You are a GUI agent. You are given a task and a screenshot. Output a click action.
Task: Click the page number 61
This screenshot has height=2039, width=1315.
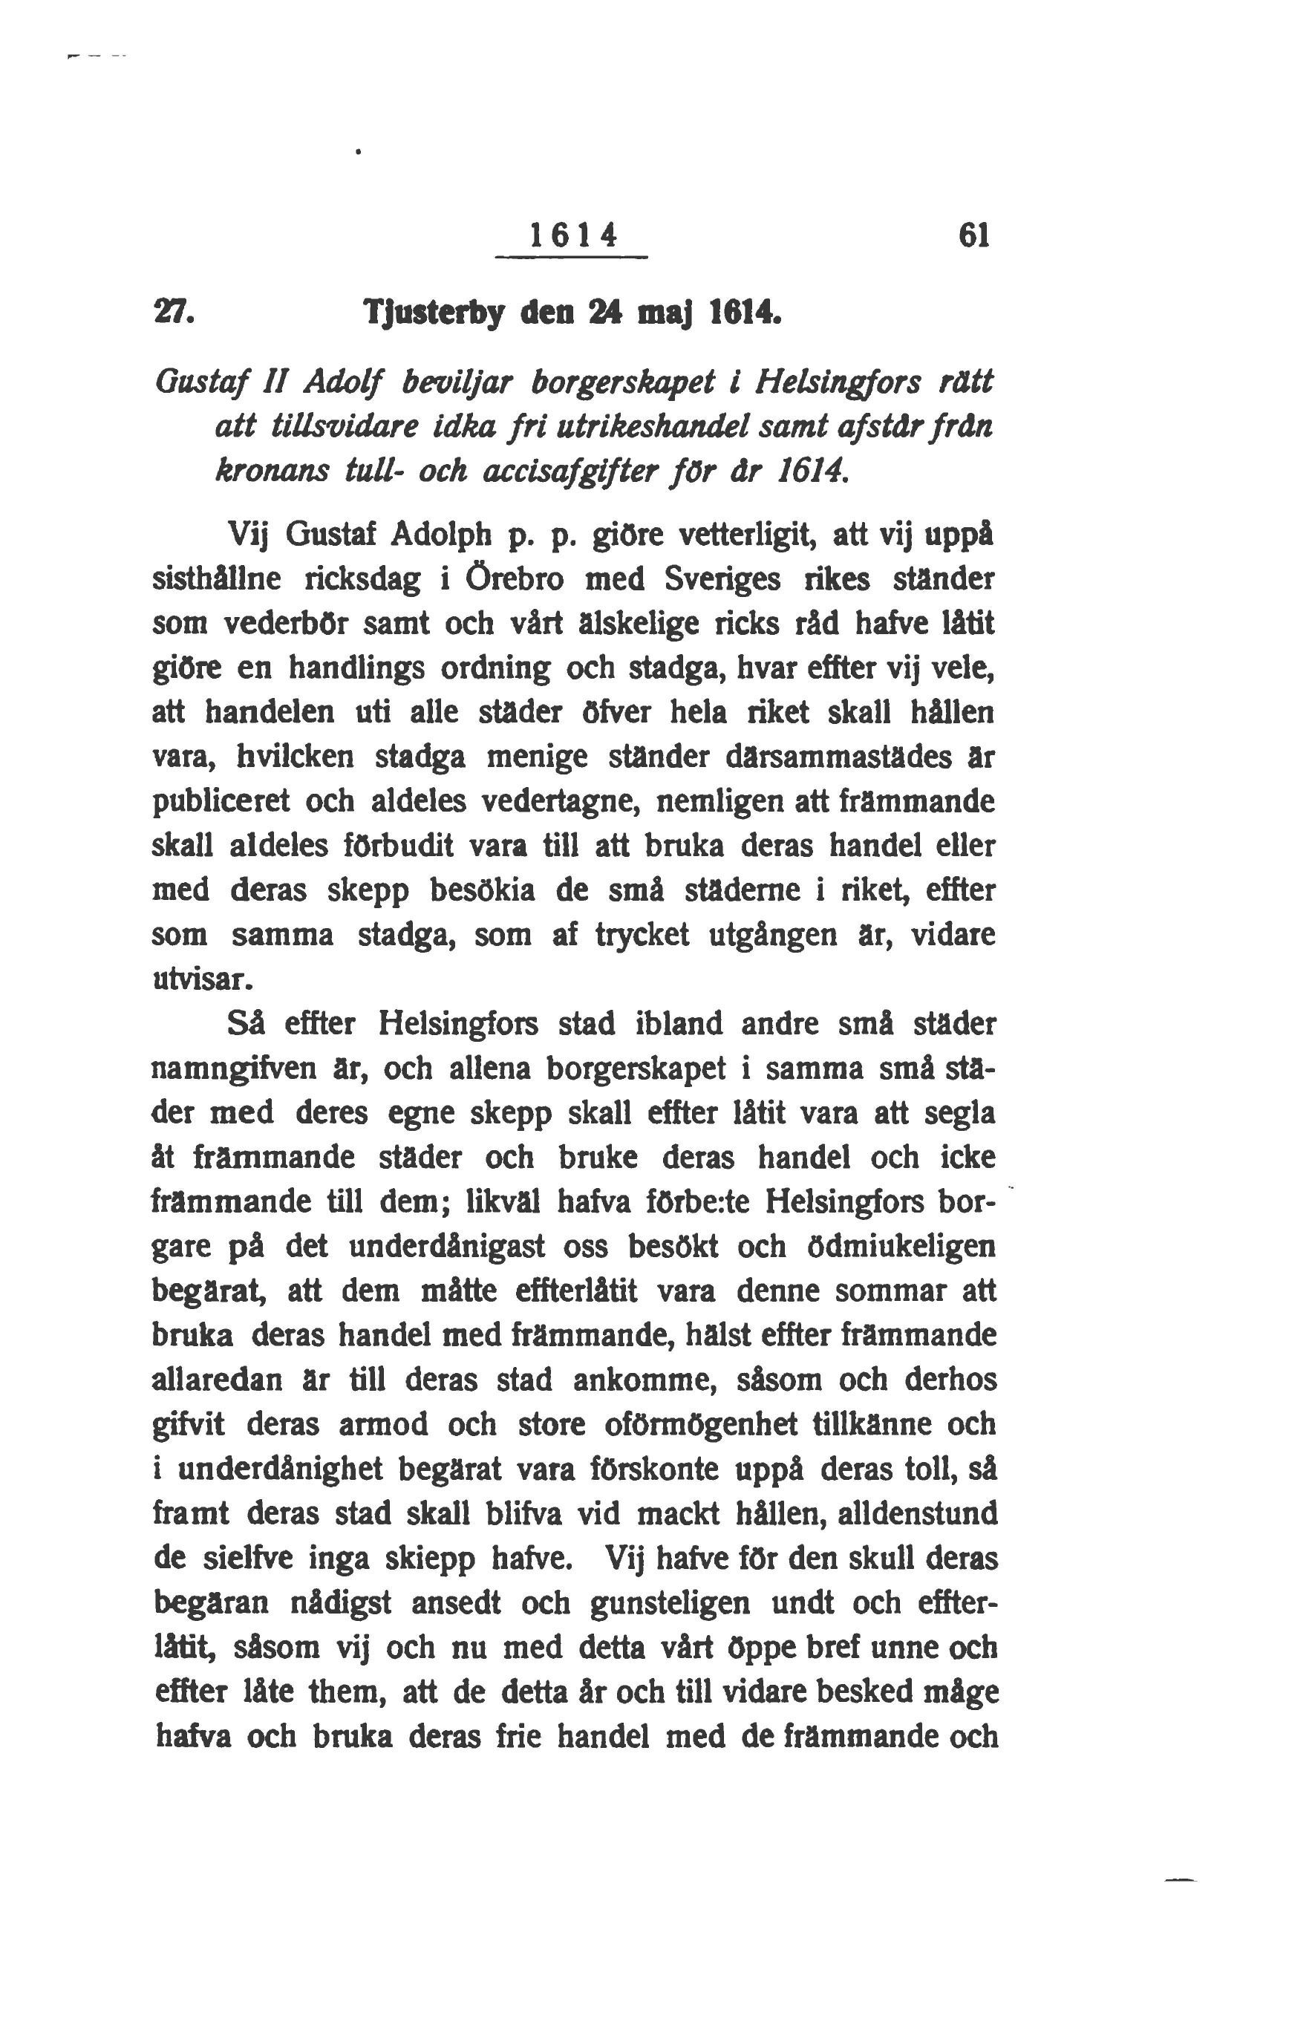coord(973,235)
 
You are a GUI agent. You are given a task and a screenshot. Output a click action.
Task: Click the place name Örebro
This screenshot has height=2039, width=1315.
coord(514,581)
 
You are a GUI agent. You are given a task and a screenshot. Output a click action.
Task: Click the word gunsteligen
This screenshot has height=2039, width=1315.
coord(670,1602)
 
